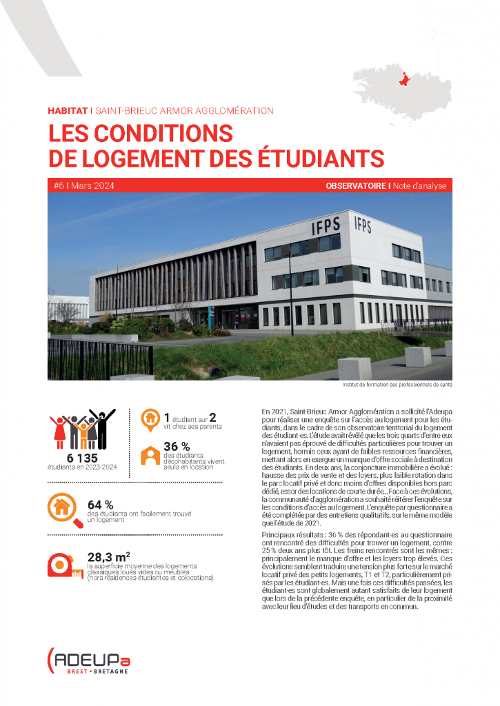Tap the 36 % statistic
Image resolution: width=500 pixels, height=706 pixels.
(177, 446)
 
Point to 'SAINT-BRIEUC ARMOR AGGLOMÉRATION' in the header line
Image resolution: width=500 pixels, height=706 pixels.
(184, 110)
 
